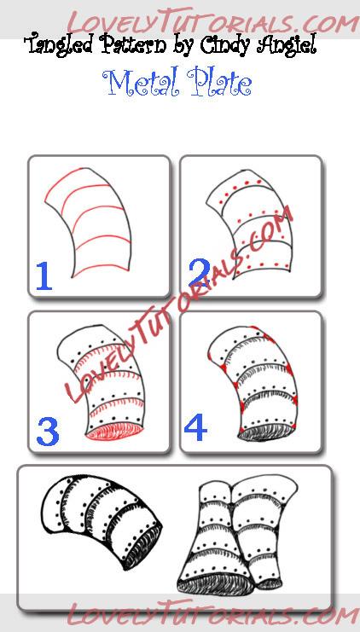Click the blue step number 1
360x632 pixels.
click(x=44, y=275)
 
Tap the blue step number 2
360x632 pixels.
click(x=199, y=273)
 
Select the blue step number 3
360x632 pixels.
click(x=48, y=432)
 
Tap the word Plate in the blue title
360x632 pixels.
click(x=219, y=83)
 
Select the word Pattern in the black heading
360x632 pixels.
click(x=133, y=43)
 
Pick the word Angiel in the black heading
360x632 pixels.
click(x=287, y=45)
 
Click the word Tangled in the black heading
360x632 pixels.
click(x=61, y=45)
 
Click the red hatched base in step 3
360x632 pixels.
click(x=115, y=432)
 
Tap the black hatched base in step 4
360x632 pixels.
click(x=267, y=432)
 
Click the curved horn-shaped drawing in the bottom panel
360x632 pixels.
click(x=101, y=520)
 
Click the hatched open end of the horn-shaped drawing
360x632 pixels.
click(x=143, y=545)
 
